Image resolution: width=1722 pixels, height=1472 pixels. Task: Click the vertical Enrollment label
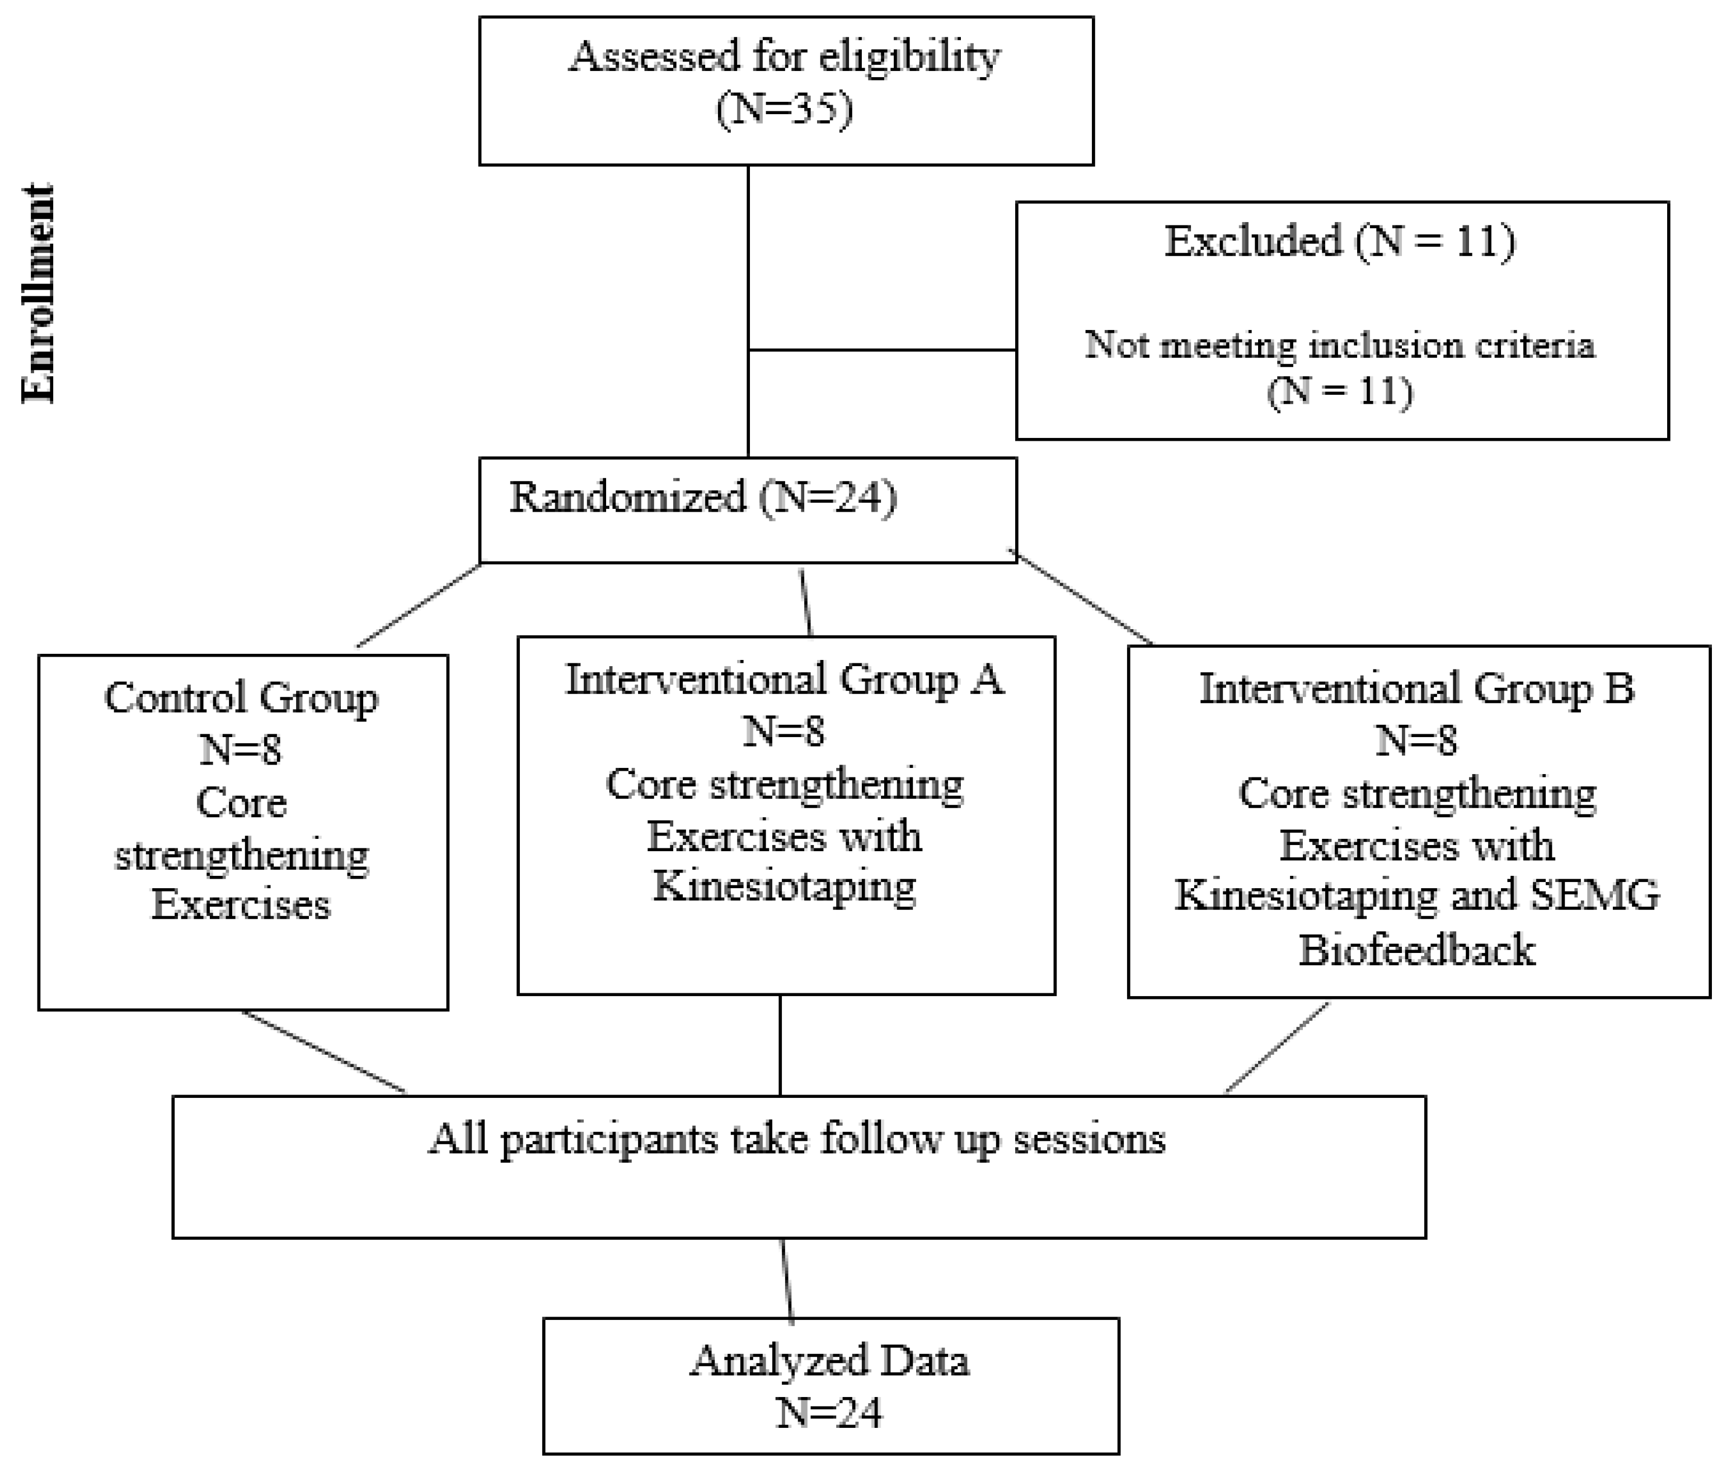tap(38, 292)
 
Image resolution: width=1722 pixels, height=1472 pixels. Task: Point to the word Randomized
tap(627, 498)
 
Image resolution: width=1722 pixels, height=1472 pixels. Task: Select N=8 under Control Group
tap(241, 750)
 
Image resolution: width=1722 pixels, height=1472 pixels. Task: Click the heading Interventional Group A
tap(785, 680)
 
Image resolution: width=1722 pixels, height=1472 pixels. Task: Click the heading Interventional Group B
tap(1416, 688)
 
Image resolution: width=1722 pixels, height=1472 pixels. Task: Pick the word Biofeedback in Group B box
tap(1416, 950)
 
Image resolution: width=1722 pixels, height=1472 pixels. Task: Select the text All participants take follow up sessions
tap(796, 1139)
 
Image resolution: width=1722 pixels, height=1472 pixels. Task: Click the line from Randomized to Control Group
tap(419, 605)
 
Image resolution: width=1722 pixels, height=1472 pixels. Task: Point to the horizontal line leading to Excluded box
tap(881, 350)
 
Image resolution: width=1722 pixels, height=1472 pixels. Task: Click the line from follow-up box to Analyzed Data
tap(786, 1279)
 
